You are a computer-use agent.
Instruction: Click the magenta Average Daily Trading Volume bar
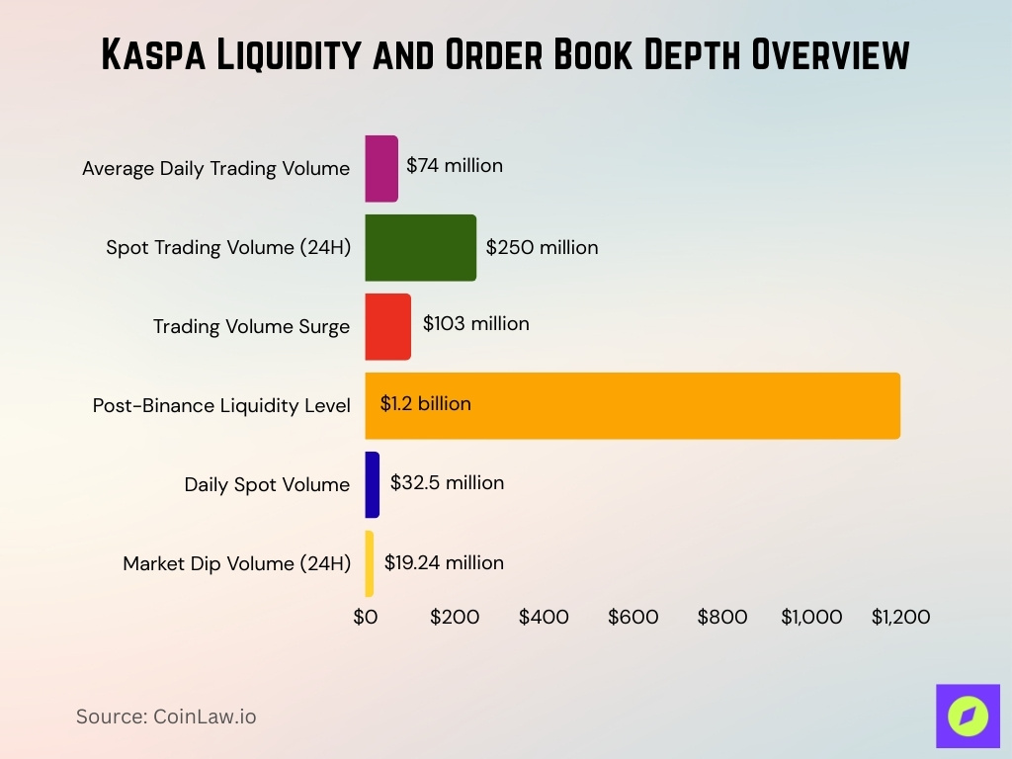pos(381,169)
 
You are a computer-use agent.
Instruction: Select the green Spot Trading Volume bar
pos(420,248)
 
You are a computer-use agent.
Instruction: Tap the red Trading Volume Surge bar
pos(387,327)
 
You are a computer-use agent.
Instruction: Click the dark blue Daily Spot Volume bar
pos(373,484)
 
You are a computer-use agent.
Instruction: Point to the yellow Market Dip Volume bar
pos(370,563)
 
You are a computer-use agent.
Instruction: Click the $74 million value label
pos(455,166)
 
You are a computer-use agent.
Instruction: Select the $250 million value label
pos(542,247)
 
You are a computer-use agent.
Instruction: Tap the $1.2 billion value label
pos(426,404)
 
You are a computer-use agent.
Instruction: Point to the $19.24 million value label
pos(444,563)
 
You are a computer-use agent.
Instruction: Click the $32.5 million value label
pos(447,483)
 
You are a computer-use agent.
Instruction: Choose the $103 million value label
pos(475,324)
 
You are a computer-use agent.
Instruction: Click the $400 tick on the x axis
pos(544,618)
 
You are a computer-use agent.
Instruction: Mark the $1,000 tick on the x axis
pos(811,618)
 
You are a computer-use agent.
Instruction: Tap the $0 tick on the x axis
pos(366,618)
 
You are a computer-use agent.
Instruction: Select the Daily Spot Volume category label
pos(267,485)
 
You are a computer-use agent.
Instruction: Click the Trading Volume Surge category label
pos(251,327)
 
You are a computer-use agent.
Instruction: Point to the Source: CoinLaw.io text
pos(166,717)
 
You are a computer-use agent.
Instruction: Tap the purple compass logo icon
pos(968,716)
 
